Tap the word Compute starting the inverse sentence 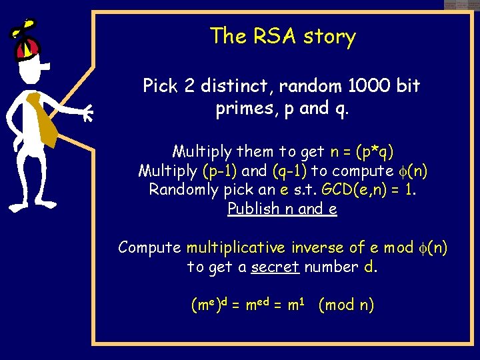[150, 248]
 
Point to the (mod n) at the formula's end [346, 305]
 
